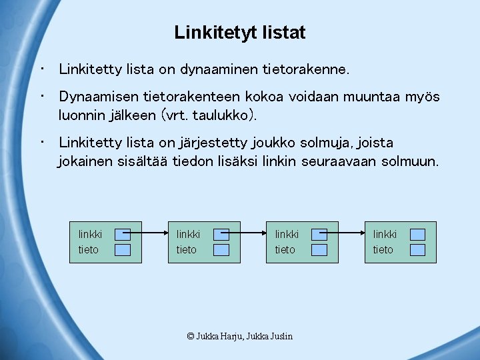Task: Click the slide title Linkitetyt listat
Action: pyautogui.click(x=240, y=32)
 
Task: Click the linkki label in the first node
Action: pyautogui.click(x=90, y=234)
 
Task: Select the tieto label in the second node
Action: pyautogui.click(x=187, y=249)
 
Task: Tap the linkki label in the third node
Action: pyautogui.click(x=287, y=234)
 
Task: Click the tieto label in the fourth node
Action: pyautogui.click(x=383, y=249)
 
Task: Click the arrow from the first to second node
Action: pyautogui.click(x=145, y=233)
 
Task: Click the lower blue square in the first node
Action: pyautogui.click(x=123, y=250)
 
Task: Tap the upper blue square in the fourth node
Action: pyautogui.click(x=417, y=234)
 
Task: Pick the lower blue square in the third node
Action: pyautogui.click(x=319, y=250)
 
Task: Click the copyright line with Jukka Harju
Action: pyautogui.click(x=240, y=336)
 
